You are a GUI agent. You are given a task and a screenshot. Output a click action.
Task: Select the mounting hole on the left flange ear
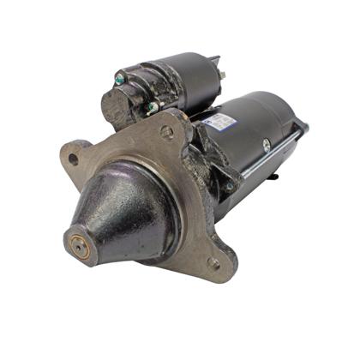coord(74,159)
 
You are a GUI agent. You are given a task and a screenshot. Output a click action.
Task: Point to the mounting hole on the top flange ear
coord(166,131)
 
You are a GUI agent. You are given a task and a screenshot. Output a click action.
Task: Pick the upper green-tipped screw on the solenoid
coord(119,80)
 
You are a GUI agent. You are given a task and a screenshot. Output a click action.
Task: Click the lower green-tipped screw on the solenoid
coord(151,107)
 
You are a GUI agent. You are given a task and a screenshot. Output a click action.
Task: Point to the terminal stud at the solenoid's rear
coord(221,75)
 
